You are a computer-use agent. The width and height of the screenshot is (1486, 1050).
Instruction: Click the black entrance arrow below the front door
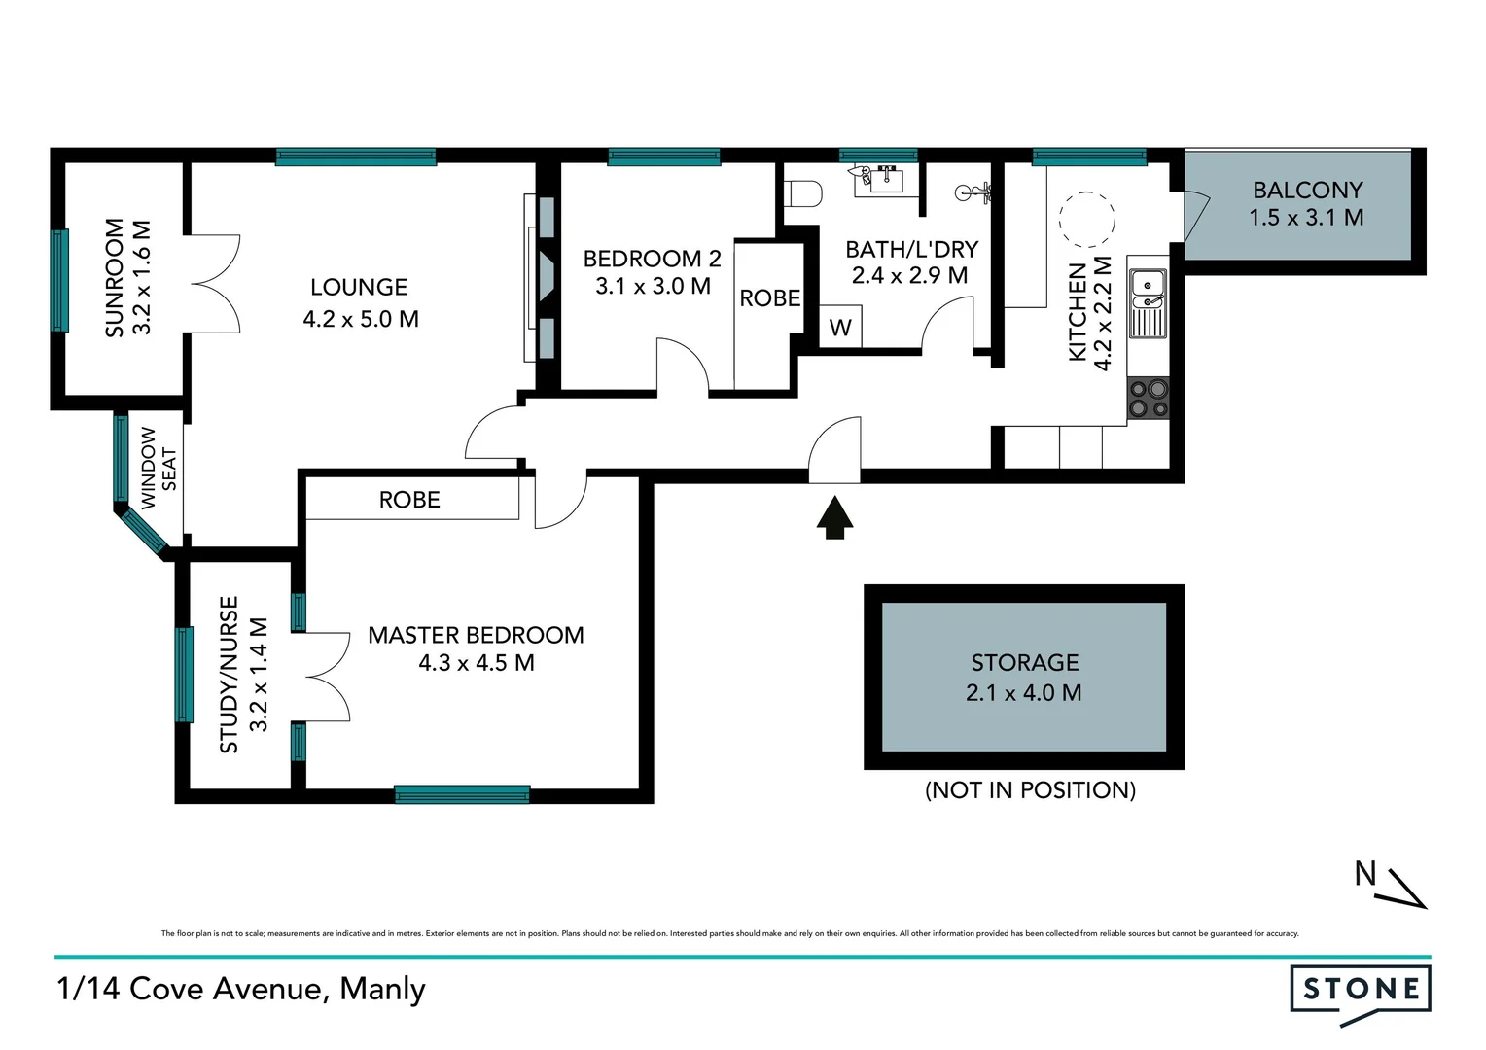click(x=834, y=518)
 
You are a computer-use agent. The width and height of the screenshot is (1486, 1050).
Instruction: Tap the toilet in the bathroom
click(x=803, y=193)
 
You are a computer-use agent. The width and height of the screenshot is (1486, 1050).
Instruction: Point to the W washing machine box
click(x=840, y=328)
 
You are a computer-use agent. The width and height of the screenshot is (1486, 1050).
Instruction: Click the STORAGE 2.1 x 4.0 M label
click(x=1024, y=678)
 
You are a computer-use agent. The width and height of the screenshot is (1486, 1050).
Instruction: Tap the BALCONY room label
click(x=1307, y=191)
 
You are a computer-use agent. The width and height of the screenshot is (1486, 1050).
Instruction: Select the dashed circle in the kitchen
click(x=1086, y=220)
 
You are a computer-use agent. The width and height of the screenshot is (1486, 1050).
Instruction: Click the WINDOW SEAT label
click(x=159, y=468)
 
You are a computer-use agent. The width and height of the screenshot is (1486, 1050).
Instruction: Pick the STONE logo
click(x=1361, y=990)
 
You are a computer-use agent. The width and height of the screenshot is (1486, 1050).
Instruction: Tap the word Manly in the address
click(x=382, y=989)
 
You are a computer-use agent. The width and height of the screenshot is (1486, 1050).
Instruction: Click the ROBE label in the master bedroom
click(x=409, y=500)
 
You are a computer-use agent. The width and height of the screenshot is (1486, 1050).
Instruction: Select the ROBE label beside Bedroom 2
click(x=769, y=298)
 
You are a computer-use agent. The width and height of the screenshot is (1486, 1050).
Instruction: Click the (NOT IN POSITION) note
click(x=1030, y=789)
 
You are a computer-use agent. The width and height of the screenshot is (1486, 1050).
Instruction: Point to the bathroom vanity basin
click(x=884, y=179)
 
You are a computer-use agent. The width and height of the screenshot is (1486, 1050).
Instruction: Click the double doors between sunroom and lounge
click(x=216, y=284)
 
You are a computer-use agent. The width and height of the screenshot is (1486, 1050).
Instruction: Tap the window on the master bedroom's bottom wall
click(x=462, y=794)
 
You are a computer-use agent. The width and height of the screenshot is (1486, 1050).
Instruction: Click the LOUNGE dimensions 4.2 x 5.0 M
click(x=361, y=319)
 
